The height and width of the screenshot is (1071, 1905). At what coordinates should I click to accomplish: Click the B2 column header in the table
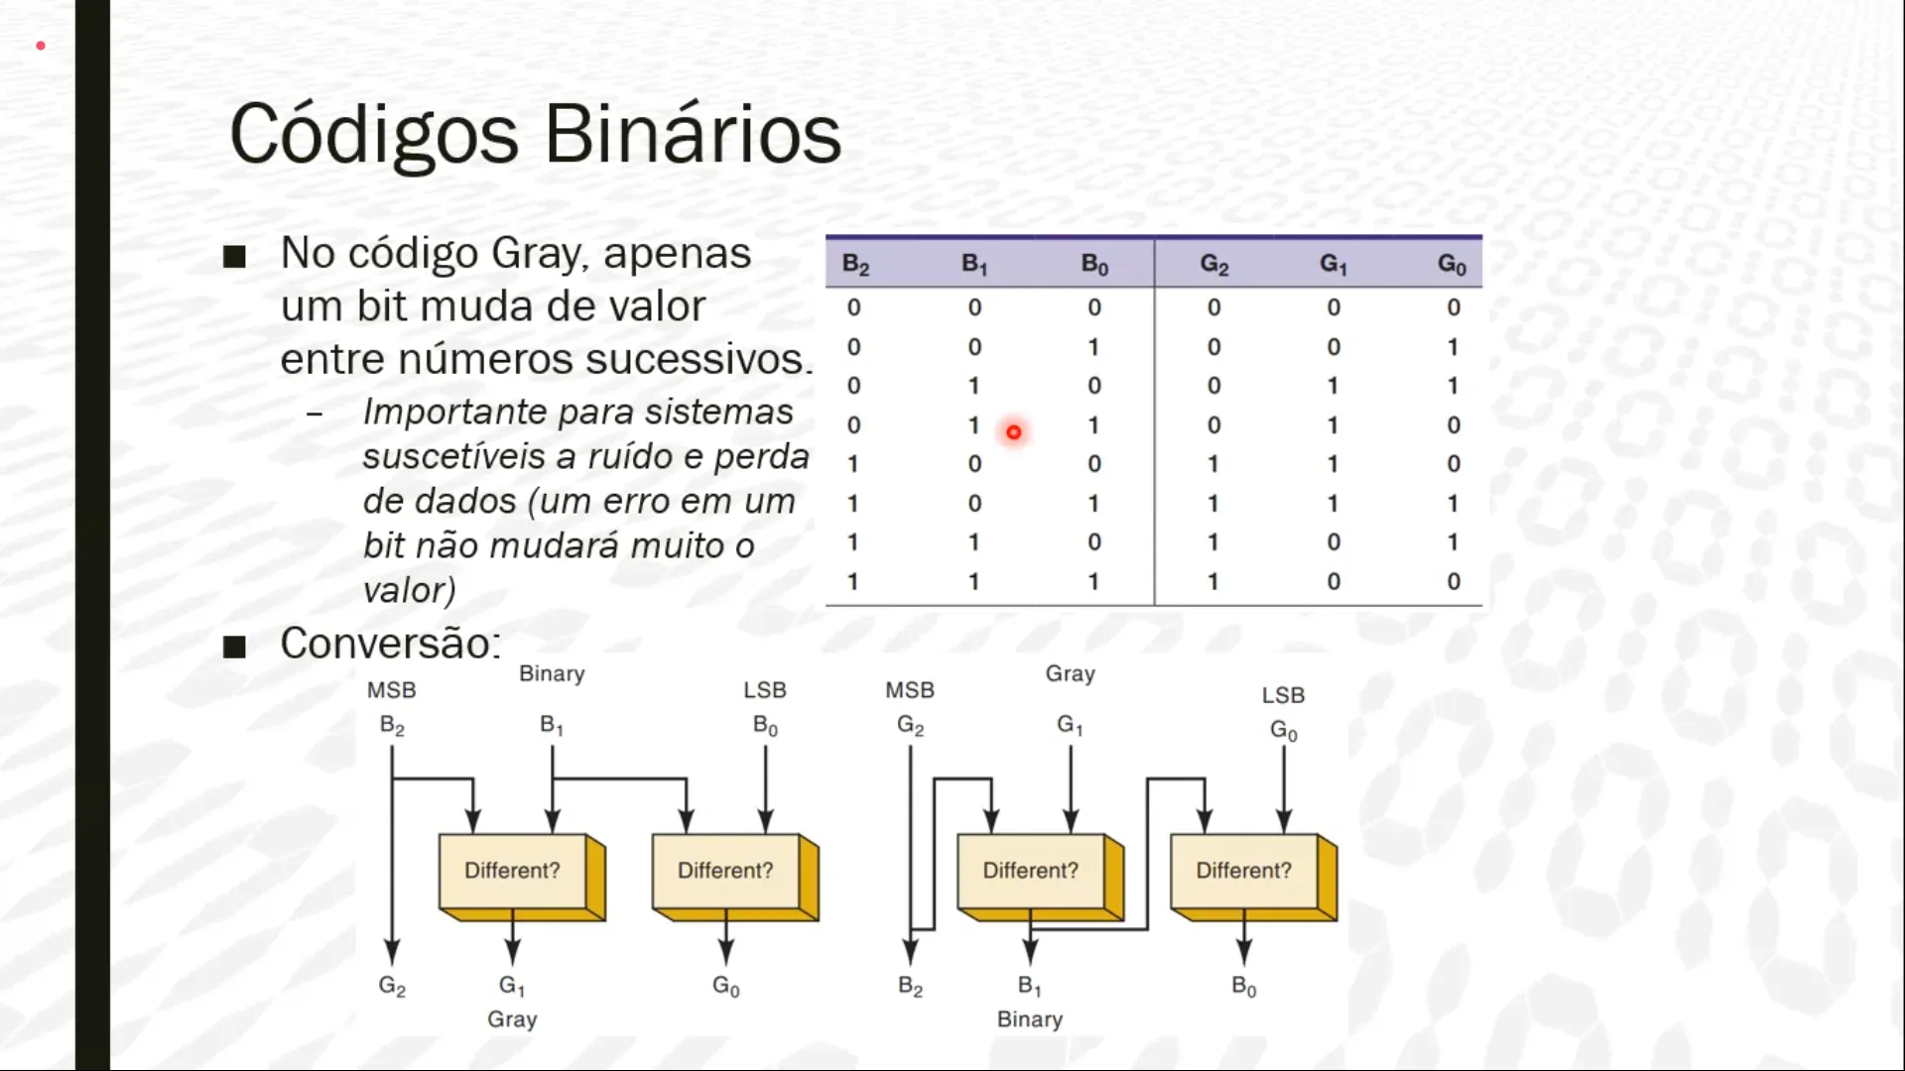tap(855, 264)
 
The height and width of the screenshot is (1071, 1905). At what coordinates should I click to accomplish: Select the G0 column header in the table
tap(1452, 264)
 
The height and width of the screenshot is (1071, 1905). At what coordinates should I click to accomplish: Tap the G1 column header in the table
tap(1333, 264)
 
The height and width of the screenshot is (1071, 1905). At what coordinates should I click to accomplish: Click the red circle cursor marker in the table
tap(1013, 432)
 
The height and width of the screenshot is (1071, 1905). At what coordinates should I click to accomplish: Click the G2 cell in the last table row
tap(1212, 581)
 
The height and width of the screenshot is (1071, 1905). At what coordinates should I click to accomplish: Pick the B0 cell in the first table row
tap(1093, 307)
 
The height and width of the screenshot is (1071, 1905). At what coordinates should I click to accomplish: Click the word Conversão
tap(390, 643)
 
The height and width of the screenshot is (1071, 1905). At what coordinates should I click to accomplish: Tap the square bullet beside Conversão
tap(234, 648)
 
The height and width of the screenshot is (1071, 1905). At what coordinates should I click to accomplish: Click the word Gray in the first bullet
tap(540, 254)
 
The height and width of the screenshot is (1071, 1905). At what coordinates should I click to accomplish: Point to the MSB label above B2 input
tap(391, 690)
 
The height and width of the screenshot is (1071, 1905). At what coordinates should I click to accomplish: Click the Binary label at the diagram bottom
tap(1030, 1019)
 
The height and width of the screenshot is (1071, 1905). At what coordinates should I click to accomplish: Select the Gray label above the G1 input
tap(1071, 674)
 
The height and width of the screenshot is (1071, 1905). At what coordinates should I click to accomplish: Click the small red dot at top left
tap(41, 46)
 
